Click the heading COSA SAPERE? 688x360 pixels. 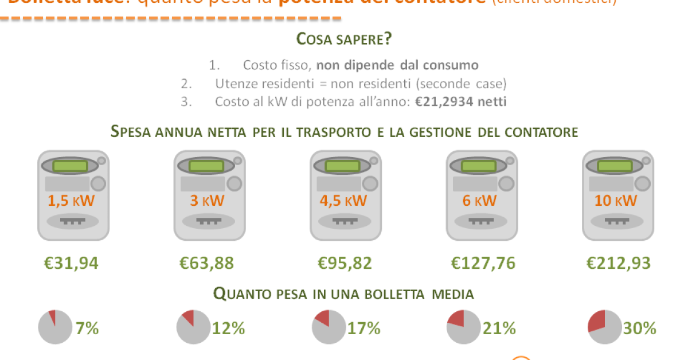(x=344, y=40)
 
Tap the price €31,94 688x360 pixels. (x=72, y=263)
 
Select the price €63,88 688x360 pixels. (x=207, y=263)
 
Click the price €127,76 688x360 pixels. (x=483, y=263)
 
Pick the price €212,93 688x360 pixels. (x=619, y=263)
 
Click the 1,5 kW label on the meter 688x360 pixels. (x=71, y=201)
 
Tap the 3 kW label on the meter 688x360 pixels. (x=208, y=201)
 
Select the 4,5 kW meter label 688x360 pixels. (x=343, y=201)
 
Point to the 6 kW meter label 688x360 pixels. (x=480, y=201)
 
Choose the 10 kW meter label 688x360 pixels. (x=616, y=201)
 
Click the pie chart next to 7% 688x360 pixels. (x=55, y=327)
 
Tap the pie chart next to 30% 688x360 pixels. (x=605, y=327)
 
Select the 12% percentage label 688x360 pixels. (x=229, y=328)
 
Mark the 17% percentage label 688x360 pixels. (x=364, y=328)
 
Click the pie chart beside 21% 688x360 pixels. (x=463, y=327)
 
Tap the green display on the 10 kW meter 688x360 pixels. (x=616, y=166)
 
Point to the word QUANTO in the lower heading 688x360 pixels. (x=241, y=295)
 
